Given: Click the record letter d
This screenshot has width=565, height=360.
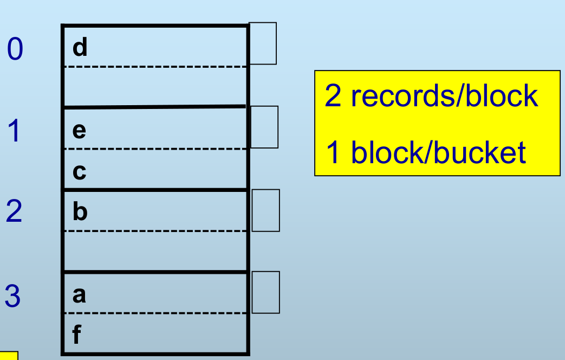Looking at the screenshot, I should [80, 48].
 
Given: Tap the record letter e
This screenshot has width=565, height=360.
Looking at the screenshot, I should [79, 131].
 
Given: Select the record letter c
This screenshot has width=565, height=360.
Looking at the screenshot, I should [79, 172].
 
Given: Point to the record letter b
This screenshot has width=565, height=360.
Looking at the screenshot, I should [80, 212].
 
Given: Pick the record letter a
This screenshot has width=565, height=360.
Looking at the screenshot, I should [79, 295].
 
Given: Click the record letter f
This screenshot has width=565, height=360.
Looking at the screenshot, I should [76, 336].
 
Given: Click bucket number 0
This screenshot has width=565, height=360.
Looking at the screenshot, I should [15, 49].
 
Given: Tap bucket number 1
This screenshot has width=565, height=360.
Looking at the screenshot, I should [14, 131].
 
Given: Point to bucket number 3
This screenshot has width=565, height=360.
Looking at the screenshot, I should [13, 297].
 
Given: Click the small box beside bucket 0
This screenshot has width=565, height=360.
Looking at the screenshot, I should [263, 43].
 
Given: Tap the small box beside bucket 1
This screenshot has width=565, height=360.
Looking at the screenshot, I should [264, 127].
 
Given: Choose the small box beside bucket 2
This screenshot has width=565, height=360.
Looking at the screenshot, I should [266, 210].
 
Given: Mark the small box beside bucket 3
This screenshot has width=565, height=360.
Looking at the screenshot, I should [266, 292].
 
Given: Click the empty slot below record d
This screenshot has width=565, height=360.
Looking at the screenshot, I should [155, 87].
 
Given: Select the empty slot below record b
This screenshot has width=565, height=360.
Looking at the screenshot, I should [155, 250].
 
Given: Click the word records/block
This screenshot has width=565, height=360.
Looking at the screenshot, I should [445, 96].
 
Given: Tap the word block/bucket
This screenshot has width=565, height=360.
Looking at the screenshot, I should [439, 152].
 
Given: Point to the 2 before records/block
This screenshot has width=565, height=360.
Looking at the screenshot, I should [332, 96].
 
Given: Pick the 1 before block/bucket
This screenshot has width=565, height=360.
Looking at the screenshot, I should [333, 152].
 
